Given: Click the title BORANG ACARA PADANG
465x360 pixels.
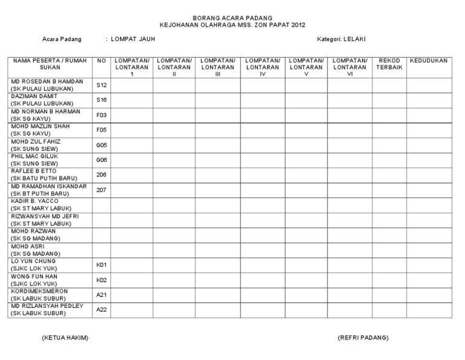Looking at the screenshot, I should click(232, 19).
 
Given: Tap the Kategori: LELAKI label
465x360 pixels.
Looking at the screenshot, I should click(341, 39).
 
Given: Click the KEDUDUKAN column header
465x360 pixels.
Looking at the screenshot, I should click(428, 61).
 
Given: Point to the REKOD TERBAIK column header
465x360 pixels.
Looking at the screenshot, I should click(389, 64).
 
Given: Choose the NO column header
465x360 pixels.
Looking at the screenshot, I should click(101, 61).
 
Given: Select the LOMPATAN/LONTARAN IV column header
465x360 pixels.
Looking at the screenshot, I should click(262, 67).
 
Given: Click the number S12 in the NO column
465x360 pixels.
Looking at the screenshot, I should click(101, 85).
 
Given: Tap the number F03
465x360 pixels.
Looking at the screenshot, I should click(101, 115).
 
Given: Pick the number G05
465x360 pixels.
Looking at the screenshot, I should click(101, 145).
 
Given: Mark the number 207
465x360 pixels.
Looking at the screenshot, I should click(101, 190).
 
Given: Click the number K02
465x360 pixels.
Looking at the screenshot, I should click(101, 280).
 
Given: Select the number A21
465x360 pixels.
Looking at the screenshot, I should click(101, 295).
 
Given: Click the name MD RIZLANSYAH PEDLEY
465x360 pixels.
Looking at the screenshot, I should click(47, 306).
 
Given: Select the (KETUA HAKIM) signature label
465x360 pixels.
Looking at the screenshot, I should click(65, 338).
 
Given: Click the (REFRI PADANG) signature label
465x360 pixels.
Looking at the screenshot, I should click(363, 338).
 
